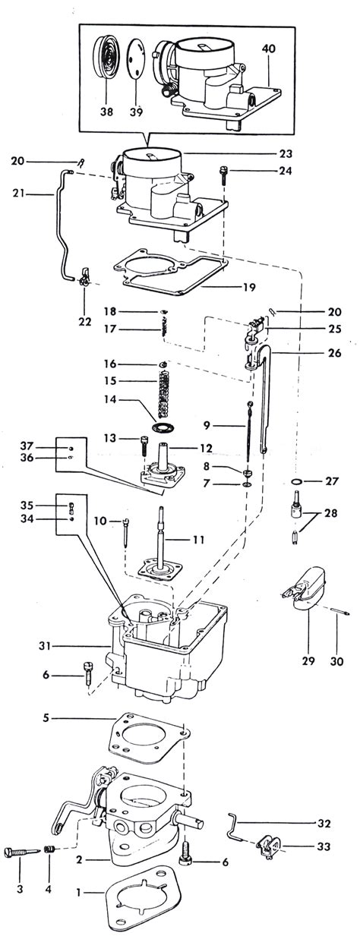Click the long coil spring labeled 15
(x=164, y=395)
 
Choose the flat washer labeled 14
(x=162, y=429)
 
